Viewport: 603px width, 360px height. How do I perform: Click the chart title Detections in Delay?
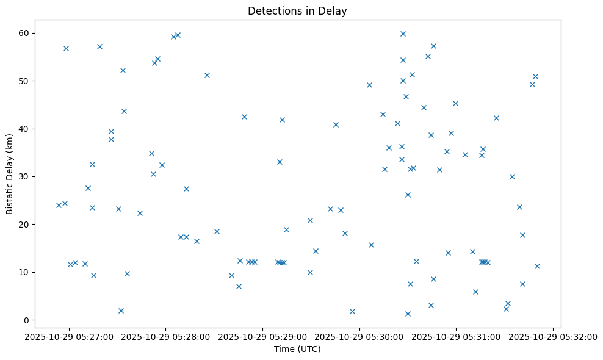point(297,11)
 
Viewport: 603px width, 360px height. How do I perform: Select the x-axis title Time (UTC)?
point(297,349)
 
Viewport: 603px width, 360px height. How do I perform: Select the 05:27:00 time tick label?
point(69,337)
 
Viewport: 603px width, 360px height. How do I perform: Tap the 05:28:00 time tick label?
point(166,337)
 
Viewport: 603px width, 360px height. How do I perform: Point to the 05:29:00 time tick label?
point(262,337)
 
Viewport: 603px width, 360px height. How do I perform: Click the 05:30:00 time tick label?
point(359,337)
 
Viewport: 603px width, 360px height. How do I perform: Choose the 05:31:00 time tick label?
point(456,337)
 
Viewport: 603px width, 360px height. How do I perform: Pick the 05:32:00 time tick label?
point(553,337)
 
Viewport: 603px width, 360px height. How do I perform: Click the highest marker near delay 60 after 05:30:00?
point(403,34)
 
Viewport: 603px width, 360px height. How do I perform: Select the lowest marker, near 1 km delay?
point(408,314)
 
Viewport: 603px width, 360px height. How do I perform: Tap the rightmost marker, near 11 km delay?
point(537,266)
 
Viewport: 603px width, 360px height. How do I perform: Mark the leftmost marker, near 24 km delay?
point(59,205)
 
